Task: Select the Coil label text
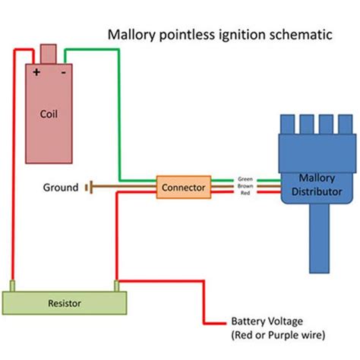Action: tap(49, 115)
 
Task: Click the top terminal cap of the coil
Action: tap(49, 55)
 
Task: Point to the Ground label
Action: tap(60, 187)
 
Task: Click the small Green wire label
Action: tap(245, 179)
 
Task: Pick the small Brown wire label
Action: tap(245, 187)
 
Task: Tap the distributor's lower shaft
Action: tap(318, 243)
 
